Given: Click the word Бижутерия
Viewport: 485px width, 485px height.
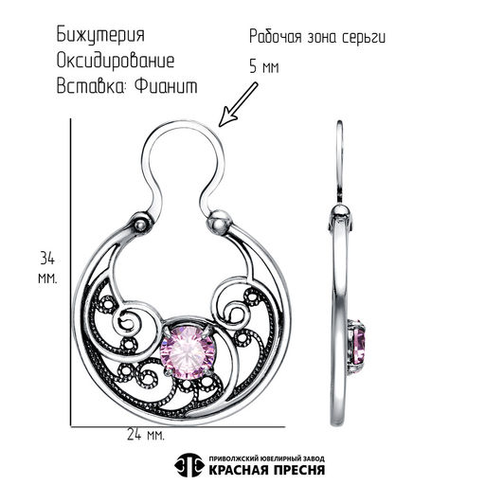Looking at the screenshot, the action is pyautogui.click(x=100, y=35).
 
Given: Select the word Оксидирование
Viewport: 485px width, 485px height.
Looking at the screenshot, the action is pyautogui.click(x=116, y=61).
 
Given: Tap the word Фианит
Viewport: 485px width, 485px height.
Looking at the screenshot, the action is pyautogui.click(x=166, y=85).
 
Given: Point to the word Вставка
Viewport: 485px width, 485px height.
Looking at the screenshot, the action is pyautogui.click(x=91, y=86).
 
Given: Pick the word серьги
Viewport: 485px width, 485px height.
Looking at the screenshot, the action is pyautogui.click(x=364, y=38).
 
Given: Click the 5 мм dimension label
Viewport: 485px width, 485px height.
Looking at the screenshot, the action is pyautogui.click(x=264, y=66).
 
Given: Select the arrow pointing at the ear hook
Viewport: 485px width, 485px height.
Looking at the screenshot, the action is pyautogui.click(x=239, y=104).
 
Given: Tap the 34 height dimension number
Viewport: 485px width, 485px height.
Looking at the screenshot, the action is pyautogui.click(x=47, y=259).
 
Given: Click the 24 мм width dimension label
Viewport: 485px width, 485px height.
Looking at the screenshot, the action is pyautogui.click(x=146, y=435).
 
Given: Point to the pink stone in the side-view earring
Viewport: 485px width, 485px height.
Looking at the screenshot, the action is pyautogui.click(x=359, y=347).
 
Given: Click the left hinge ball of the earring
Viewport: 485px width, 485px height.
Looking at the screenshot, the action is pyautogui.click(x=140, y=225).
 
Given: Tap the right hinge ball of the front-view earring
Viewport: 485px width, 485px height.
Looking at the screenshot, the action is pyautogui.click(x=218, y=222).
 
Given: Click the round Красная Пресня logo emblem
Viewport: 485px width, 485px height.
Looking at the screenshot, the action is pyautogui.click(x=189, y=465).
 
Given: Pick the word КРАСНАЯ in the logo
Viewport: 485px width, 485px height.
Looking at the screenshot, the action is pyautogui.click(x=236, y=470).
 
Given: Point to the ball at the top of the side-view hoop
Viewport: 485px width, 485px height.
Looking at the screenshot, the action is pyautogui.click(x=341, y=210).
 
